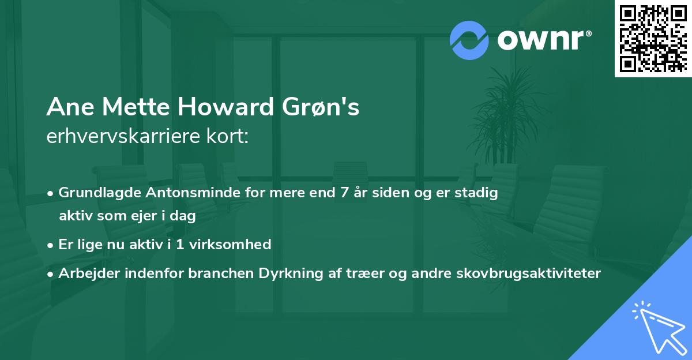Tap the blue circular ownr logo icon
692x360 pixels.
coord(469,40)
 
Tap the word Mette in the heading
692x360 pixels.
coord(134,108)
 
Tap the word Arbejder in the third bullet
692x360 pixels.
coord(85,273)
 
